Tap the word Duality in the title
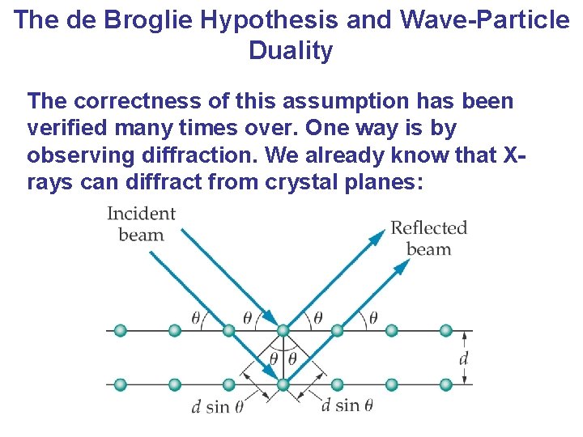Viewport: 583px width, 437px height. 291,50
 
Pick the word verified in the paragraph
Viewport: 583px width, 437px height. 65,128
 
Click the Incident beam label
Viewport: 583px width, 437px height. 141,224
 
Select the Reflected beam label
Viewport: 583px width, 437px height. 428,238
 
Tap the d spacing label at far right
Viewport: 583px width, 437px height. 464,357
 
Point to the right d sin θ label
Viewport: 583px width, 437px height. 347,405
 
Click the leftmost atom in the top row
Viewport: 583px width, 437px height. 121,330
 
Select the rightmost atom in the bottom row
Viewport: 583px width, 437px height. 445,384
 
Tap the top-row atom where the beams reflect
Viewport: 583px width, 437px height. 283,330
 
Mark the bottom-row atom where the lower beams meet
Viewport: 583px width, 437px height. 283,384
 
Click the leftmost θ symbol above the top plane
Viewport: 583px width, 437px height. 195,317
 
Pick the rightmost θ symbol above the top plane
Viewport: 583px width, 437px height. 372,317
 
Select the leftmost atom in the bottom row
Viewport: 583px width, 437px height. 121,384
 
